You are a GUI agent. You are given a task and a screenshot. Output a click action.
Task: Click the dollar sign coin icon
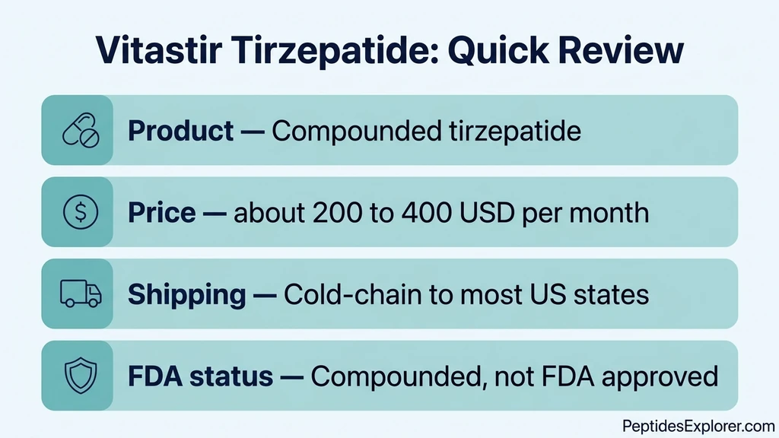coord(79,212)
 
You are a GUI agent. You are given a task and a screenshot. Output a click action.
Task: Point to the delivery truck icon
coord(79,294)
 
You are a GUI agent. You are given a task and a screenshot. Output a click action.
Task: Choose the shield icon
coord(79,375)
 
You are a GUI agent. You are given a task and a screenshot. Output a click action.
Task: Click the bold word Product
coord(181,131)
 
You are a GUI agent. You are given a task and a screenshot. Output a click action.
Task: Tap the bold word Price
coord(161,212)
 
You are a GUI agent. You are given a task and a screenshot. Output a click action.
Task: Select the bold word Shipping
coord(186,294)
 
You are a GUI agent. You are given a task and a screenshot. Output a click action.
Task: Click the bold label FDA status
coord(200,375)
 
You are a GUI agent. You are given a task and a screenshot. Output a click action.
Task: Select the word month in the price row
coord(612,212)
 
